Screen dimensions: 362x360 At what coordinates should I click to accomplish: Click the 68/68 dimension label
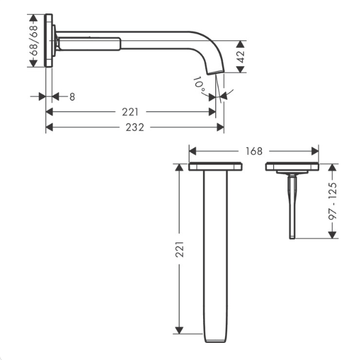(x=34, y=40)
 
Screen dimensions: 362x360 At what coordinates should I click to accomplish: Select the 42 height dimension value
(x=241, y=57)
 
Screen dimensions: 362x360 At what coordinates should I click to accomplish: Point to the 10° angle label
(x=199, y=85)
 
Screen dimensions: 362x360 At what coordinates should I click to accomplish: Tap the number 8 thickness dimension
(x=72, y=97)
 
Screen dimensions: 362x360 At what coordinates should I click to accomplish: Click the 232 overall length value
(x=135, y=127)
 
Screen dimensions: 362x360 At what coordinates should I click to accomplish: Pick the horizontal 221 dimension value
(x=130, y=112)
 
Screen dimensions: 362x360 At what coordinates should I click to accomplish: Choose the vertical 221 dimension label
(x=179, y=249)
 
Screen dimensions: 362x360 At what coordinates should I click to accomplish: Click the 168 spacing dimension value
(x=254, y=151)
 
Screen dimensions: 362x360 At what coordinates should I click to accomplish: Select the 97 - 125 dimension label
(x=333, y=201)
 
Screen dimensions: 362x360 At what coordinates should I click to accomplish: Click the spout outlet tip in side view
(x=216, y=72)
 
